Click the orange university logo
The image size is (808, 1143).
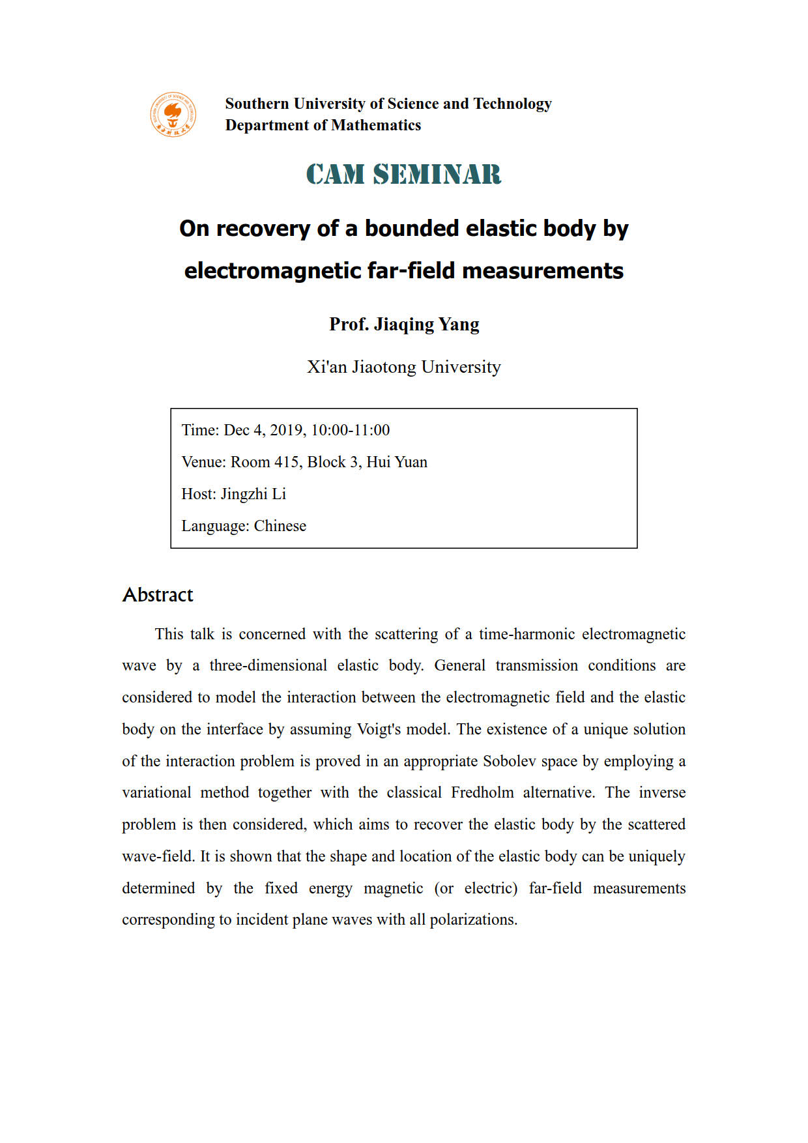pos(173,115)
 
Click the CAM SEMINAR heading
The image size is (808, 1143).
pos(403,175)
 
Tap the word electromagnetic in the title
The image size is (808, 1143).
pos(273,270)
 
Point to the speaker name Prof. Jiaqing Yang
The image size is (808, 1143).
pos(404,324)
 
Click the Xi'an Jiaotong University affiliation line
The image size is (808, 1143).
pos(404,367)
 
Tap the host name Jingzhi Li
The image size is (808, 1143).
pos(253,494)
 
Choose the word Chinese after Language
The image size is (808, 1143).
pos(280,526)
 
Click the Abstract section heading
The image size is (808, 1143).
pos(158,595)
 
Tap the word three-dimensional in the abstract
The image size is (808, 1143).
pos(268,665)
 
